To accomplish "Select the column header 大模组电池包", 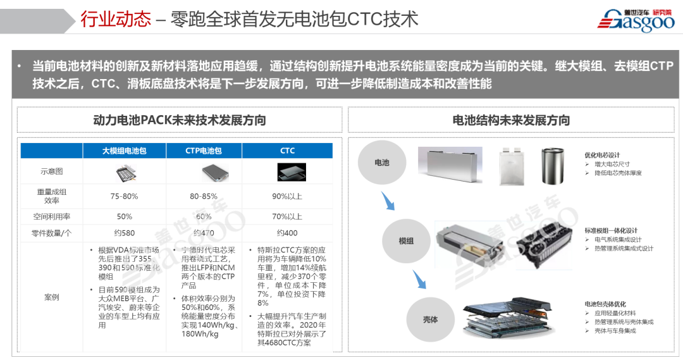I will click(x=125, y=151).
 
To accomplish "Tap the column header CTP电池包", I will click(x=204, y=151).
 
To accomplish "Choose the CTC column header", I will click(x=288, y=151).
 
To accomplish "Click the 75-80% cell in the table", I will click(x=124, y=196).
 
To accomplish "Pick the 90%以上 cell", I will click(x=288, y=196).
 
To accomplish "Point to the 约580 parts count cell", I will click(x=124, y=233).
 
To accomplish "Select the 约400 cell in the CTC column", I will click(x=288, y=233).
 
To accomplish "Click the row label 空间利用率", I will click(x=51, y=216).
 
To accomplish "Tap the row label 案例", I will click(x=51, y=297).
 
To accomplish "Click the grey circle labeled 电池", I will click(x=382, y=163).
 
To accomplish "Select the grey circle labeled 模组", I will click(x=406, y=241).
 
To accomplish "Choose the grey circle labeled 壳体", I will click(x=430, y=320).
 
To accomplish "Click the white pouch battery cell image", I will click(x=513, y=166).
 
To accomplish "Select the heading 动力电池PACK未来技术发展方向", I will click(x=180, y=120).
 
